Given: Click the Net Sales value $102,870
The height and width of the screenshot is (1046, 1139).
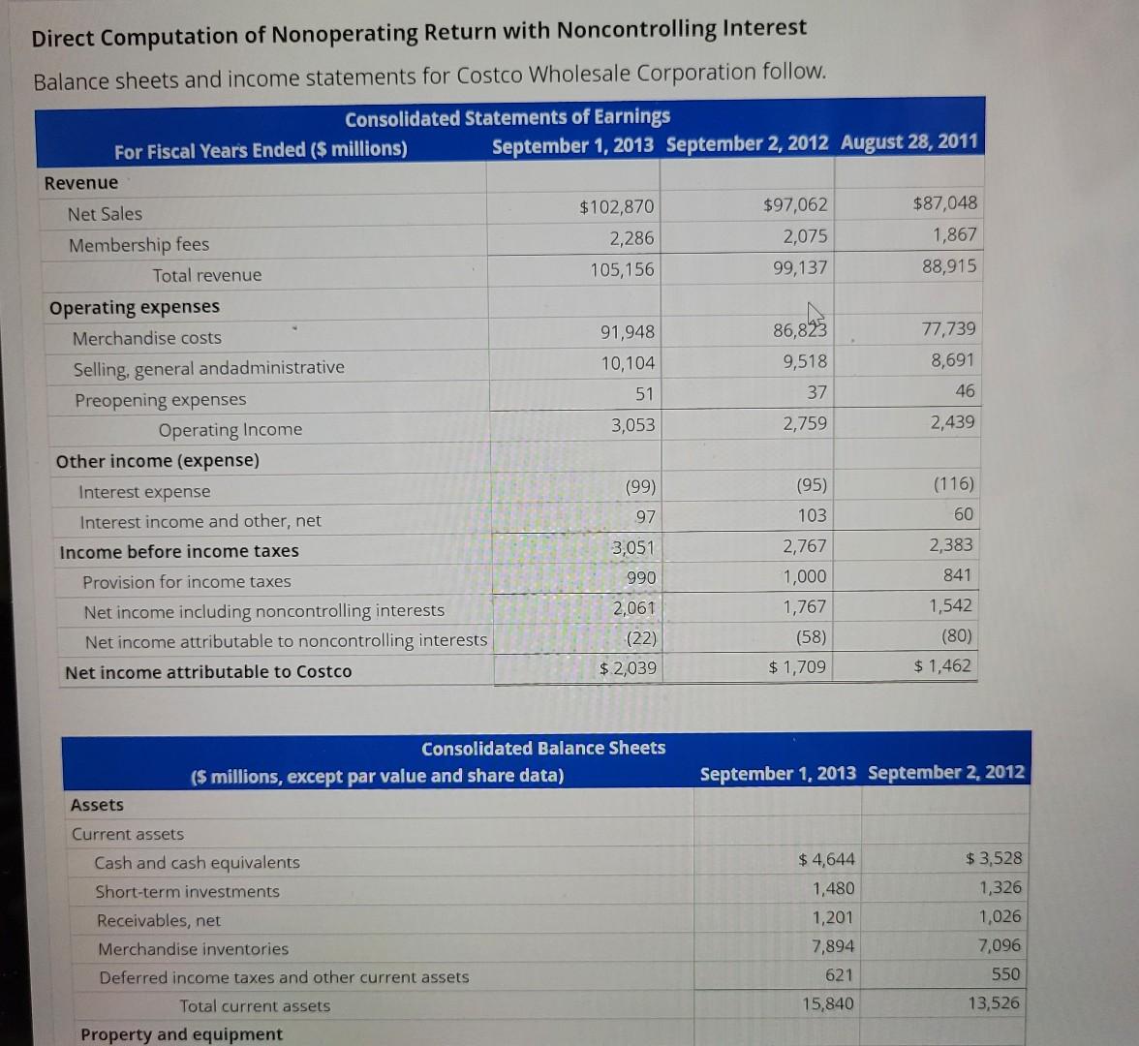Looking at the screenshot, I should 616,207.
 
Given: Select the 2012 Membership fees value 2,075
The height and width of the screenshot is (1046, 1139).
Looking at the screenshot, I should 805,236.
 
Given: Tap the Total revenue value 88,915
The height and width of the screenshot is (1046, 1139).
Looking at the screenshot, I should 949,266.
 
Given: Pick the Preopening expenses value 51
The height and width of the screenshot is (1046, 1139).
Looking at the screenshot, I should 644,394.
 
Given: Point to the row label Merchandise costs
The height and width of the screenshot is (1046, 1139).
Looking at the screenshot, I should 146,338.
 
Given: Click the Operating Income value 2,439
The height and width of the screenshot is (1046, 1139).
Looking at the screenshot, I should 952,422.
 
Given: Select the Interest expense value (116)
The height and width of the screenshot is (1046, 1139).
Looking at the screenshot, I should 954,483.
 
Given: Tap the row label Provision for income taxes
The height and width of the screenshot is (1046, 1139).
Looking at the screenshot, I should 186,582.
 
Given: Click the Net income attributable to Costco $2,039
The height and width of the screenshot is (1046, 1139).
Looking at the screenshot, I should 628,667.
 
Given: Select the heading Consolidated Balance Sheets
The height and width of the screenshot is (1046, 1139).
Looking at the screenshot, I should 543,748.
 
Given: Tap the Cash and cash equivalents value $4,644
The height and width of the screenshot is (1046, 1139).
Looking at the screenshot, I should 826,859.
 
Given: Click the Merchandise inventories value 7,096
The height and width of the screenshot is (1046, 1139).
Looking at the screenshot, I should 999,945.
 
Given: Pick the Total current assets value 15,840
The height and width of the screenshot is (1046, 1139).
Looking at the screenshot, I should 827,1003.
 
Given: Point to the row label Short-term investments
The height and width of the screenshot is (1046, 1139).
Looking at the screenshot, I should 187,892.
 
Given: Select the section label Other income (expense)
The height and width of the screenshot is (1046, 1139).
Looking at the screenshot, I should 158,461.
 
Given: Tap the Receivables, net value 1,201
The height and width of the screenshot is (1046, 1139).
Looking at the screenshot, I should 833,917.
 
